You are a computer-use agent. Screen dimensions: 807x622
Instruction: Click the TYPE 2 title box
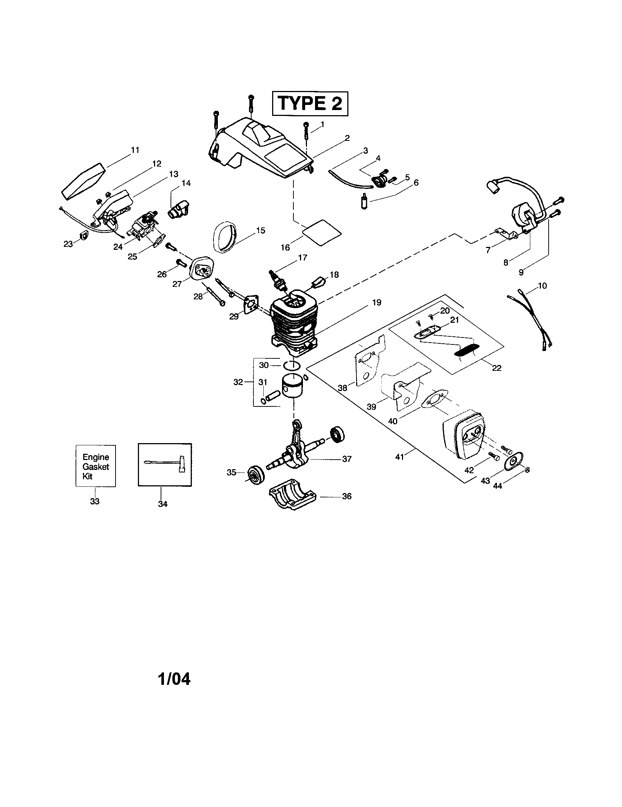(x=310, y=103)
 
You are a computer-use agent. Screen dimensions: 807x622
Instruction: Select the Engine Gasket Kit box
(x=96, y=466)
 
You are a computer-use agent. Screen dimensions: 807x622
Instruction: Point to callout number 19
(x=376, y=303)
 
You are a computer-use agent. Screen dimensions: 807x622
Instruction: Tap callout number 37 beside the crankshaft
(x=347, y=459)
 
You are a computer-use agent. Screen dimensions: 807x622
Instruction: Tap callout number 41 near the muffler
(x=399, y=457)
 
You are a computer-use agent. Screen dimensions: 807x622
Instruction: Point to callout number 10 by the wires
(x=542, y=286)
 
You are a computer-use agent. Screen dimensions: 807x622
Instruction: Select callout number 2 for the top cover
(x=347, y=138)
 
